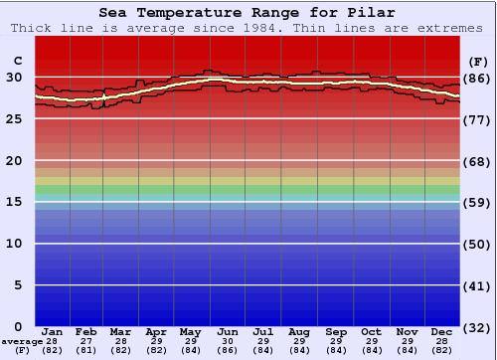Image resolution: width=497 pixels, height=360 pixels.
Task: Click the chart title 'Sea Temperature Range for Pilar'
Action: pyautogui.click(x=247, y=13)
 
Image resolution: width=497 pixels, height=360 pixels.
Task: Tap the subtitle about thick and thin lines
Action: pyautogui.click(x=247, y=28)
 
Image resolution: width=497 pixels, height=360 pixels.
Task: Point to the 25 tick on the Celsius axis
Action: pyautogui.click(x=15, y=119)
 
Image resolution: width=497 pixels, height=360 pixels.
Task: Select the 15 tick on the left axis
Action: pyautogui.click(x=15, y=202)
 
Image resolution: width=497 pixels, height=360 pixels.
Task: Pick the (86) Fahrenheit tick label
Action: pyautogui.click(x=478, y=78)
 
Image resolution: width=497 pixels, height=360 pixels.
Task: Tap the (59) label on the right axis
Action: pyautogui.click(x=478, y=202)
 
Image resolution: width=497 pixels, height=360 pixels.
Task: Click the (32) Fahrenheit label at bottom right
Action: pyautogui.click(x=478, y=327)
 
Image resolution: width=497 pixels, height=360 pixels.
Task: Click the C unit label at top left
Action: pyautogui.click(x=15, y=77)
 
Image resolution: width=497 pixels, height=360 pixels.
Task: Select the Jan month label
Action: pyautogui.click(x=53, y=331)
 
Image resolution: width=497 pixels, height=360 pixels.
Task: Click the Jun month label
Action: pyautogui.click(x=228, y=331)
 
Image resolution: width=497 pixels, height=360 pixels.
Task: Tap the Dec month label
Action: pyautogui.click(x=442, y=331)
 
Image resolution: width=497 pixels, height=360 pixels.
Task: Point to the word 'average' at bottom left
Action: pyautogui.click(x=21, y=340)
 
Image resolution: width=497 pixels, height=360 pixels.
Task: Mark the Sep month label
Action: pyautogui.click(x=335, y=331)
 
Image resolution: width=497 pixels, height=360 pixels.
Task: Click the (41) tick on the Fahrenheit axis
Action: pyautogui.click(x=478, y=285)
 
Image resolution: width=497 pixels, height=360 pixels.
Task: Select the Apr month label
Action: pyautogui.click(x=156, y=331)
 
